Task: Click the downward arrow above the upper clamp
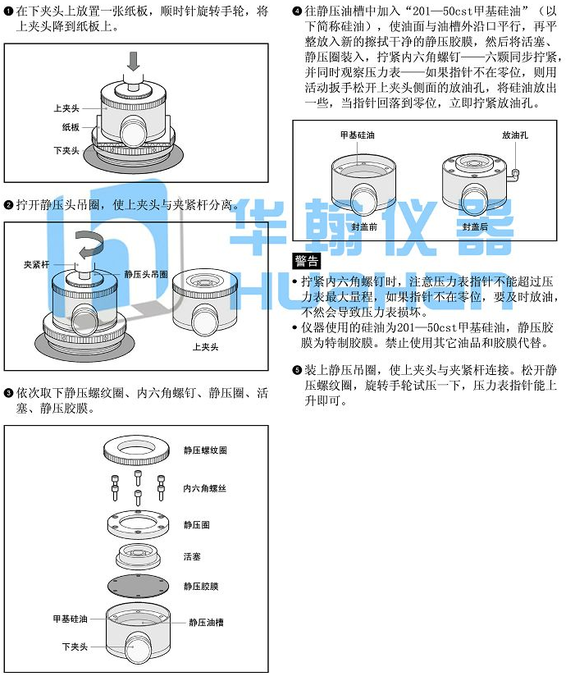coord(134,62)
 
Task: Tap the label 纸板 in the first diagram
coord(71,127)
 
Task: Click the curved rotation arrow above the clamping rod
coord(89,244)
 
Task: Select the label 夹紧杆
coord(36,264)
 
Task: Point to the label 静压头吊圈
coord(146,275)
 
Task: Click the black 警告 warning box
coord(307,261)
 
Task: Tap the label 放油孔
coord(515,135)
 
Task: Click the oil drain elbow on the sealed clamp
coord(515,175)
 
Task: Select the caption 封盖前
coord(364,226)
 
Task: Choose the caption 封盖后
coord(475,226)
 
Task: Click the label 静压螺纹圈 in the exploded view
coord(205,450)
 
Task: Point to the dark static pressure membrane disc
coord(138,587)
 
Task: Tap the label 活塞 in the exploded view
coord(192,556)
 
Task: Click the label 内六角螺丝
coord(204,489)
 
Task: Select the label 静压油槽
coord(206,623)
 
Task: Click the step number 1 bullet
coord(8,11)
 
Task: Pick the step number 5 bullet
coord(297,370)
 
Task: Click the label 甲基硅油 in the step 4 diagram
coord(357,135)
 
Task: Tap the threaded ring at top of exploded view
coord(136,450)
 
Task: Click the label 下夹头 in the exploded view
coord(75,647)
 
